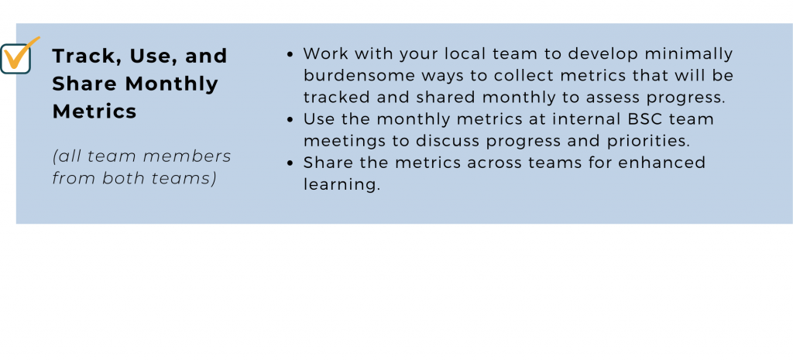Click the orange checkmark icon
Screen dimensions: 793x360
pyautogui.click(x=20, y=55)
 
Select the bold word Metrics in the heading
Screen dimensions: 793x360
pyautogui.click(x=94, y=111)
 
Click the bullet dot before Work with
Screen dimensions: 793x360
pyautogui.click(x=290, y=54)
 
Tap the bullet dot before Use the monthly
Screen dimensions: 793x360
pyautogui.click(x=290, y=120)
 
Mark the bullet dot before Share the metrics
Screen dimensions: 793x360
pyautogui.click(x=290, y=163)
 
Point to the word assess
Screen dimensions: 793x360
pyautogui.click(x=627, y=98)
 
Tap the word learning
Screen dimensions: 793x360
pyautogui.click(x=342, y=185)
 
